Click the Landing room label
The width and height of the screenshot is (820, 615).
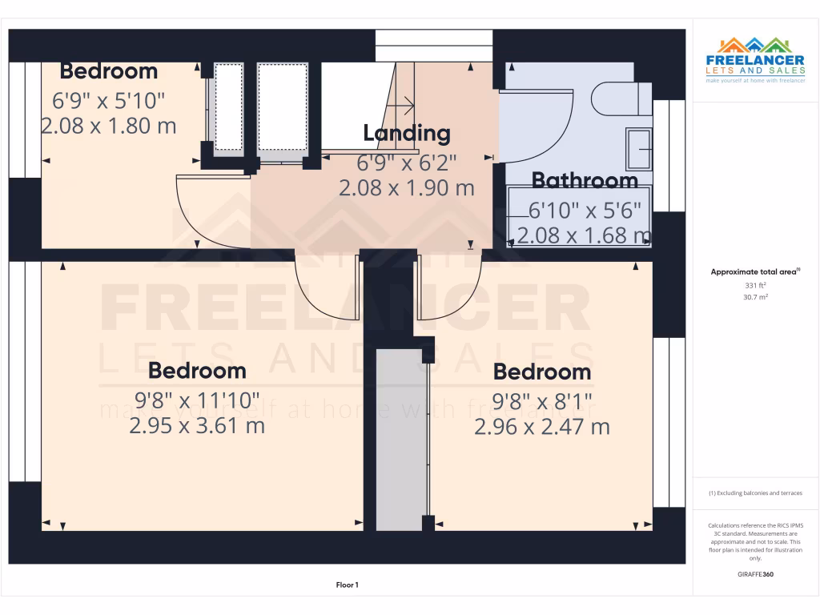(x=407, y=133)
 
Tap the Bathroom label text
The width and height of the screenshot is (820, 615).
(x=585, y=181)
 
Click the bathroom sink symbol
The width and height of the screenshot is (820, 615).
(x=639, y=149)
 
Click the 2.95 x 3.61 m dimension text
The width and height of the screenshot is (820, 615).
(x=197, y=425)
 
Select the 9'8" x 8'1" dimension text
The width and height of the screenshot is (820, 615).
(x=541, y=400)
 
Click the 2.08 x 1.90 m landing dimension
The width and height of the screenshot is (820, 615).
(x=407, y=188)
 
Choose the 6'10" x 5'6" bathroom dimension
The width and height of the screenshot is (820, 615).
(x=585, y=211)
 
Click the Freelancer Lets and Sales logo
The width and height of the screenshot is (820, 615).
(x=755, y=60)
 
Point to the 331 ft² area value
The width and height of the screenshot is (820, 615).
(x=755, y=285)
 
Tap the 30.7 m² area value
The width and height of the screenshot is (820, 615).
(x=755, y=297)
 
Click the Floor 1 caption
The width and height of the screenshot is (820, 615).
(x=347, y=585)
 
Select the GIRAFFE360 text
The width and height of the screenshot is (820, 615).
(x=755, y=574)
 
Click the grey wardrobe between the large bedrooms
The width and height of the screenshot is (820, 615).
(x=401, y=439)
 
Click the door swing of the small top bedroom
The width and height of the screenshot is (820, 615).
(x=210, y=212)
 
